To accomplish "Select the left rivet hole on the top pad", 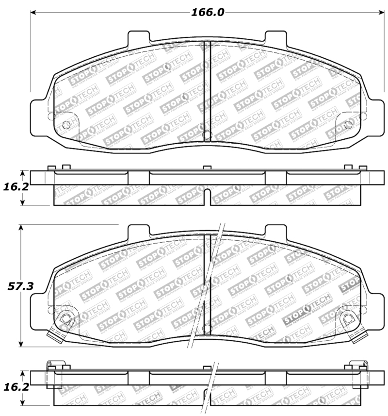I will (x=66, y=125).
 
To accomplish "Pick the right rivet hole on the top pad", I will (x=348, y=125).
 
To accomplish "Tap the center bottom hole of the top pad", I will (x=206, y=135).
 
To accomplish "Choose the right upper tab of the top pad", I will (x=275, y=39).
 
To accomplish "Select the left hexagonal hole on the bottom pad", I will (x=65, y=319).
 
